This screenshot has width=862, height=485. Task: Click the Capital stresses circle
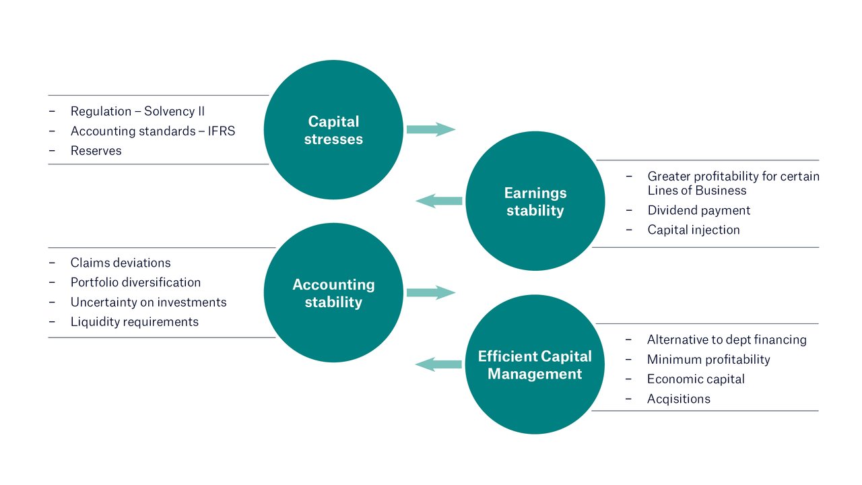333,130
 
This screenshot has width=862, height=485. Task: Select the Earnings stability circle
535,201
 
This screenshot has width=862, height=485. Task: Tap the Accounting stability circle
333,293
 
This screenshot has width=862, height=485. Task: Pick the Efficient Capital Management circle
535,364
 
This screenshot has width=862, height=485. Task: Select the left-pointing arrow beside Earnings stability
439,201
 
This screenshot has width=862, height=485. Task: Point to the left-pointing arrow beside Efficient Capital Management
438,364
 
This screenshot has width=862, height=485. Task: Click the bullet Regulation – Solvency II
137,111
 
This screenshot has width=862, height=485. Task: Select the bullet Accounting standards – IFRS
152,131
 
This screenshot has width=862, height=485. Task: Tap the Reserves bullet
96,151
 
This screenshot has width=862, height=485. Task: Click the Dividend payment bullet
698,210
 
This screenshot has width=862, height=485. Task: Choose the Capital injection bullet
693,230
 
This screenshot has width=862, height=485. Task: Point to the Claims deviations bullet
120,263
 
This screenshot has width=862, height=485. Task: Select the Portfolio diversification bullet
135,282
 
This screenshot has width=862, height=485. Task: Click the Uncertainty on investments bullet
148,302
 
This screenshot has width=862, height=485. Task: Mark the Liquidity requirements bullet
134,322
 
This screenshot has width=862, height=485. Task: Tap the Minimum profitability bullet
708,360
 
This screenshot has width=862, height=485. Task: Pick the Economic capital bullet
695,379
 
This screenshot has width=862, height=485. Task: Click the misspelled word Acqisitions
678,399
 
